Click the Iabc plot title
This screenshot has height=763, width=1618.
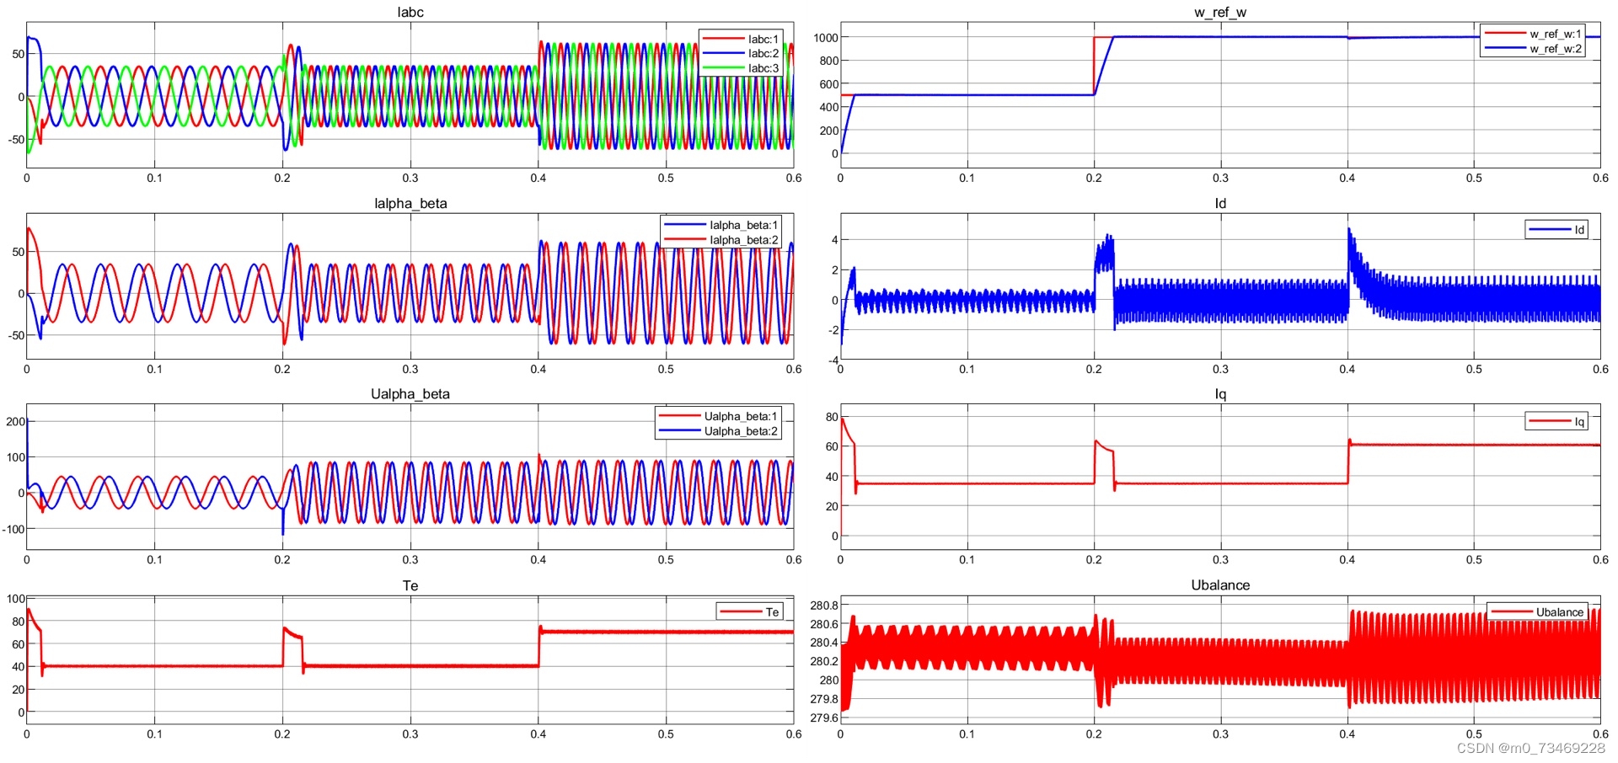[x=410, y=12]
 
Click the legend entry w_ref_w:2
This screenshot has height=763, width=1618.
[x=1556, y=49]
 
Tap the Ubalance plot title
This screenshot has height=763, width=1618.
[x=1220, y=585]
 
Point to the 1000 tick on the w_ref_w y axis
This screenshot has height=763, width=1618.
[x=826, y=37]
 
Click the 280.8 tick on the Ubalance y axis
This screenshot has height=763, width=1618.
[x=823, y=606]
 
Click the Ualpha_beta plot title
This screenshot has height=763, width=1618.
[x=410, y=394]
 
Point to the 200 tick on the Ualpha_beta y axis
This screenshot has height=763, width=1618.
[x=15, y=421]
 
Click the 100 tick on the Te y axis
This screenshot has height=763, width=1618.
[x=15, y=599]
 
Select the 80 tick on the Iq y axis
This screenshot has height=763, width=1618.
[x=832, y=417]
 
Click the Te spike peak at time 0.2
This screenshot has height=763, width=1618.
[x=285, y=628]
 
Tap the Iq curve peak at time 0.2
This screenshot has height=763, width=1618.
[x=1096, y=441]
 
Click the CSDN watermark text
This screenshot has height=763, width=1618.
[x=1530, y=748]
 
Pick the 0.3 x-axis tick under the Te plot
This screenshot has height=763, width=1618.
[x=410, y=734]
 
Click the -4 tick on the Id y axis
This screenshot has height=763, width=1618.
[x=833, y=360]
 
